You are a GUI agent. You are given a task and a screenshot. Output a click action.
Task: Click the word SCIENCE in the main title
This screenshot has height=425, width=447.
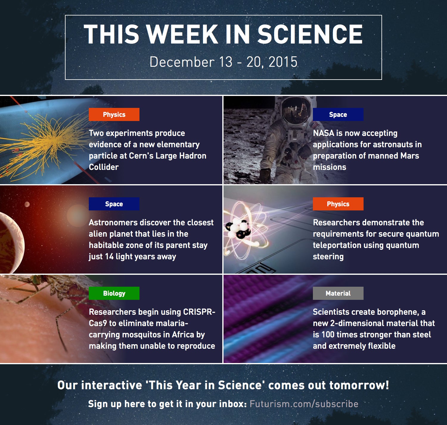[x=310, y=34]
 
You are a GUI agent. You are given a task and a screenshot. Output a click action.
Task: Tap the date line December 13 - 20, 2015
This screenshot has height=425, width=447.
[x=223, y=62]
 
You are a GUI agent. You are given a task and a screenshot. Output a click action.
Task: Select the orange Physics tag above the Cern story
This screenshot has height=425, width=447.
[x=114, y=114]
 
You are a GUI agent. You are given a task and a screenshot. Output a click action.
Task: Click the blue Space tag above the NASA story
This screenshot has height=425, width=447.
[x=338, y=114]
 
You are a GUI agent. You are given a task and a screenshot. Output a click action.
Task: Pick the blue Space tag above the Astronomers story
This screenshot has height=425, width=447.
[x=114, y=204]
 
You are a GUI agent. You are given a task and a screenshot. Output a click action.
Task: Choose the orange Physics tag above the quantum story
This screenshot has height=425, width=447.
[x=338, y=204]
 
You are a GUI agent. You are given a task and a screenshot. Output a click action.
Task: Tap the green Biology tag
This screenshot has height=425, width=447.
[x=114, y=293]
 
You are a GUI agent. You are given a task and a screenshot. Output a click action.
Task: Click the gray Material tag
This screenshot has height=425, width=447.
[x=338, y=293]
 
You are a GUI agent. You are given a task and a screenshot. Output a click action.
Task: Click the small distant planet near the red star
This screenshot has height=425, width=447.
[x=27, y=204]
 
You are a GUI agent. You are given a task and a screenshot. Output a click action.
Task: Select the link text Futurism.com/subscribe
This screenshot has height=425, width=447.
[x=304, y=404]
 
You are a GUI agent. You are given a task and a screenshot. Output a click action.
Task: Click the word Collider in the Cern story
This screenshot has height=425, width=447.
[x=104, y=167]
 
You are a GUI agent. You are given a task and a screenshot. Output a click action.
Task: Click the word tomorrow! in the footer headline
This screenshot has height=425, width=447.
[x=359, y=385]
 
